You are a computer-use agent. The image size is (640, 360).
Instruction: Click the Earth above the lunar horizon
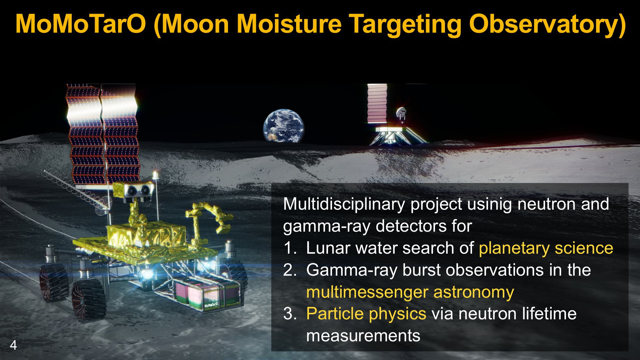(284, 125)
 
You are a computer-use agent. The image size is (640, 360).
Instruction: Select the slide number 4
(13, 345)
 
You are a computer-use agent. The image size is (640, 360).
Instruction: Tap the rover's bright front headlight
(146, 274)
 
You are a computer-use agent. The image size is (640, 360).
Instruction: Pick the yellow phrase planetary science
(546, 248)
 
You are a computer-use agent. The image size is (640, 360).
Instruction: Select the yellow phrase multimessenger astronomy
(410, 292)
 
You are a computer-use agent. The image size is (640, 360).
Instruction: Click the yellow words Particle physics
(366, 314)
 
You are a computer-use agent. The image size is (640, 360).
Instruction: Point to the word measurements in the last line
(363, 336)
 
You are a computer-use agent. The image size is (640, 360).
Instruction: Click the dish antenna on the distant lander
(401, 113)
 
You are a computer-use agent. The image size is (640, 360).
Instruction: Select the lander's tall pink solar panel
(377, 104)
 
